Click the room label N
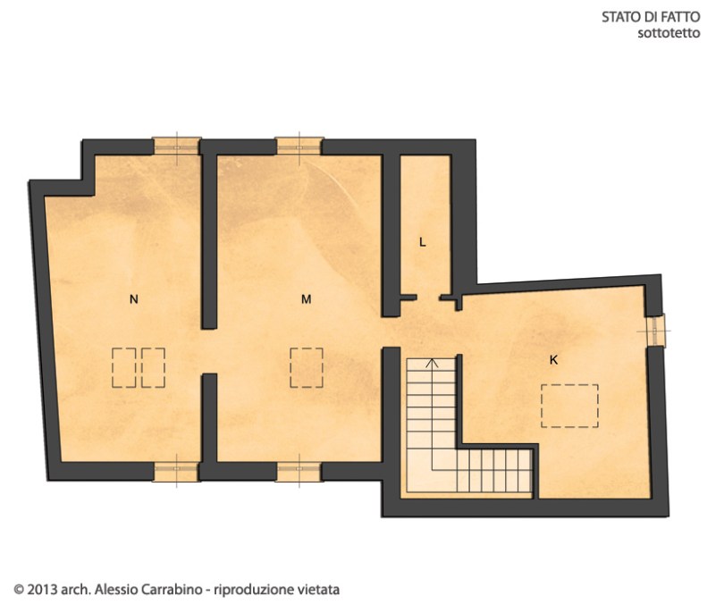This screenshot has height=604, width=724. pyautogui.click(x=133, y=299)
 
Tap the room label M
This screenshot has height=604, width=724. pyautogui.click(x=306, y=299)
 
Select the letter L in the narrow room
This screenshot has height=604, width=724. pyautogui.click(x=422, y=242)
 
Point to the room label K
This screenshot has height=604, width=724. pyautogui.click(x=553, y=360)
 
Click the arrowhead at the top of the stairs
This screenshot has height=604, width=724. pyautogui.click(x=432, y=362)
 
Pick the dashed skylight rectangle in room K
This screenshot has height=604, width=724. pyautogui.click(x=569, y=406)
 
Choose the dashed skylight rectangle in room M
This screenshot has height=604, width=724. pyautogui.click(x=306, y=368)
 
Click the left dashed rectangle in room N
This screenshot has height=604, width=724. pyautogui.click(x=123, y=368)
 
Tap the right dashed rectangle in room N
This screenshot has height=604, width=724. pyautogui.click(x=154, y=368)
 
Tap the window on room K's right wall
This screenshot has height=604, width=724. pyautogui.click(x=656, y=331)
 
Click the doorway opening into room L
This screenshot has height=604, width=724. pyautogui.click(x=428, y=298)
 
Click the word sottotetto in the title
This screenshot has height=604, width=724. pyautogui.click(x=669, y=33)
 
